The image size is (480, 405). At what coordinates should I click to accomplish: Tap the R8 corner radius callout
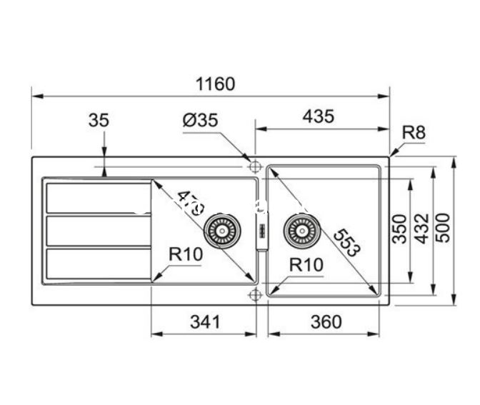click(414, 132)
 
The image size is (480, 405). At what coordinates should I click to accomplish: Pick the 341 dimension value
click(204, 322)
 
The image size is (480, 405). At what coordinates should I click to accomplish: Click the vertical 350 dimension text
click(401, 229)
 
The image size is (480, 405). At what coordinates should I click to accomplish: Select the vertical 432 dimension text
click(421, 229)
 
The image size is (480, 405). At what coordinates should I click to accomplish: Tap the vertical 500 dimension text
click(444, 229)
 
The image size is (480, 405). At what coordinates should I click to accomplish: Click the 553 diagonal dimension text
click(346, 242)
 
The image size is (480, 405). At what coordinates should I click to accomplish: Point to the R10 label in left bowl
click(186, 254)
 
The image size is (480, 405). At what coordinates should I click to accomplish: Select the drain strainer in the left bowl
click(219, 231)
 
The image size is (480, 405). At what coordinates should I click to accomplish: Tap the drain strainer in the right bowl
click(299, 230)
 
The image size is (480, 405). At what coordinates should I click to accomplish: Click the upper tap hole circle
click(254, 166)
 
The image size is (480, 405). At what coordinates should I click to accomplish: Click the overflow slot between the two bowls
click(261, 231)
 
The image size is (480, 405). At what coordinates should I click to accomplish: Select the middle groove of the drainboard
click(98, 230)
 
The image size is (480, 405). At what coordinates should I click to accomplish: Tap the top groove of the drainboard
click(98, 198)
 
